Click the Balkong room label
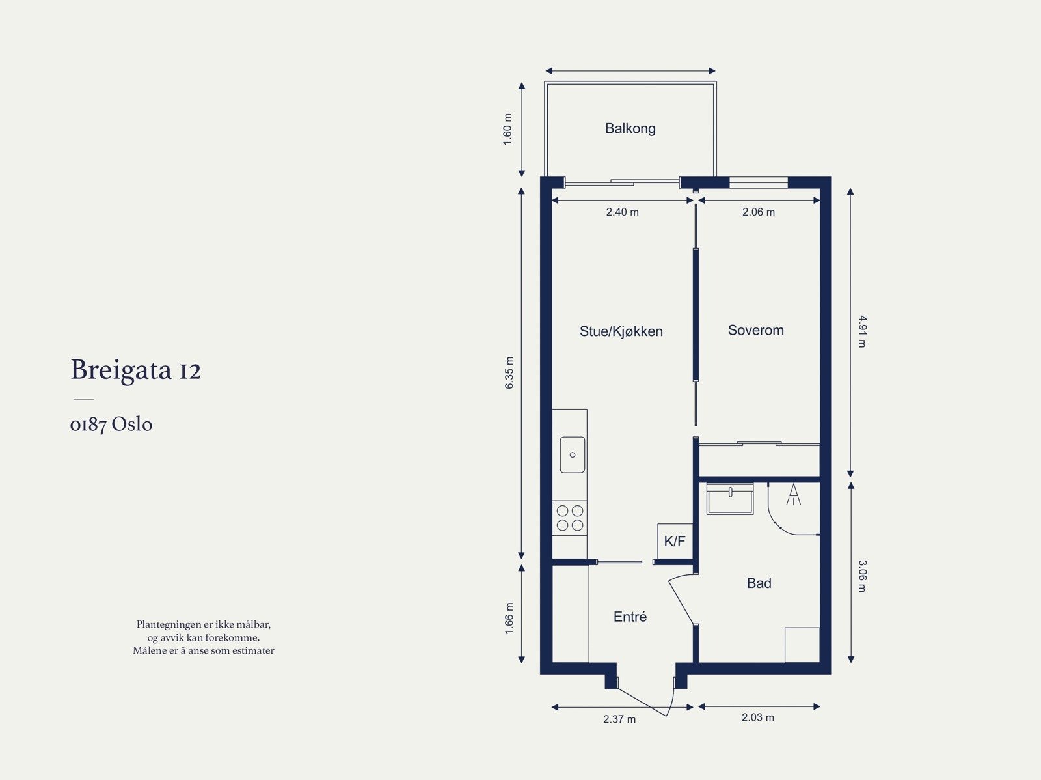pyautogui.click(x=630, y=128)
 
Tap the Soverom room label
pyautogui.click(x=755, y=330)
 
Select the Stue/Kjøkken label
pyautogui.click(x=621, y=331)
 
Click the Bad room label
pyautogui.click(x=759, y=583)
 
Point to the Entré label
pyautogui.click(x=630, y=617)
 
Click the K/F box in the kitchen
pyautogui.click(x=674, y=541)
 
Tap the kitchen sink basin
pyautogui.click(x=573, y=454)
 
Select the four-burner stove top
pyautogui.click(x=570, y=518)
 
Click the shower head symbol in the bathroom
pyautogui.click(x=793, y=494)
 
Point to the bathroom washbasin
pyautogui.click(x=730, y=499)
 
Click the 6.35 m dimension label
pyautogui.click(x=509, y=373)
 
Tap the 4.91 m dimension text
pyautogui.click(x=861, y=331)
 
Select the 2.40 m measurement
pyautogui.click(x=622, y=212)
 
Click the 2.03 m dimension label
pyautogui.click(x=757, y=717)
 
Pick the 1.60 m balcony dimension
pyautogui.click(x=508, y=129)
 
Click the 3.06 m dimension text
pyautogui.click(x=861, y=576)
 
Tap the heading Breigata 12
pyautogui.click(x=135, y=370)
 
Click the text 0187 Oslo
pyautogui.click(x=111, y=425)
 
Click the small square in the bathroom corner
pyautogui.click(x=802, y=645)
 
